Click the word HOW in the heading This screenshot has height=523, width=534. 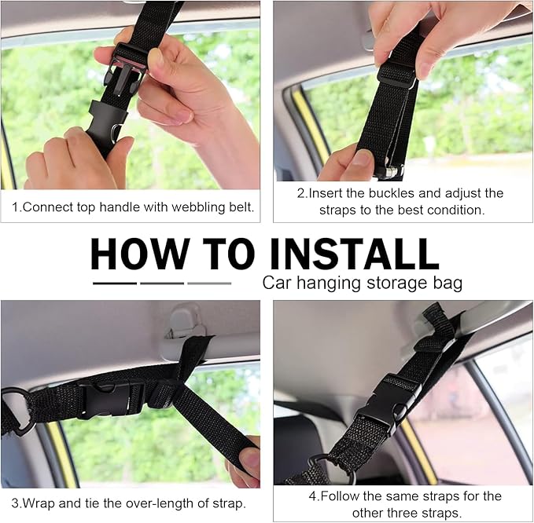pos(140,254)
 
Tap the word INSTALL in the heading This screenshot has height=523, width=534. pos(356,254)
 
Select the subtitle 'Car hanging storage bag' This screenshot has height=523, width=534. pos(363,283)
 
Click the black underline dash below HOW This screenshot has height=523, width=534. pos(114,283)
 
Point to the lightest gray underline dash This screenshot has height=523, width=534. pos(209,283)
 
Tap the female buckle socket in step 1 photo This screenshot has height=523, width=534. pos(107,122)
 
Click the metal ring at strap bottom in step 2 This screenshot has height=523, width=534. pos(383,171)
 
